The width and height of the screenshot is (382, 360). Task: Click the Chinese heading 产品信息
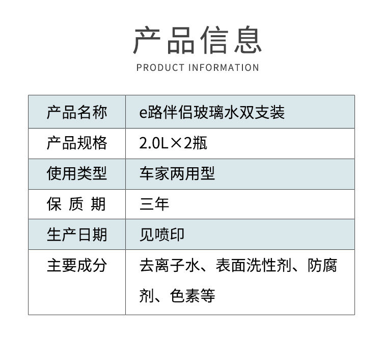pyautogui.click(x=197, y=41)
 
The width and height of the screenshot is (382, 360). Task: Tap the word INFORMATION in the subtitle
pyautogui.click(x=224, y=68)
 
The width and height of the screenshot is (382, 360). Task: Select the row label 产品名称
pyautogui.click(x=77, y=112)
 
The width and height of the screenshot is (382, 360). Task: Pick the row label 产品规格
pyautogui.click(x=77, y=143)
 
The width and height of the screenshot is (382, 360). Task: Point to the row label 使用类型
pyautogui.click(x=77, y=173)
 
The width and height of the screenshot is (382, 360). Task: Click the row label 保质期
pyautogui.click(x=77, y=204)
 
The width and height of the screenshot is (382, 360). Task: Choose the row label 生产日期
pyautogui.click(x=77, y=235)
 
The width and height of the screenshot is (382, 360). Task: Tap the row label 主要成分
pyautogui.click(x=77, y=265)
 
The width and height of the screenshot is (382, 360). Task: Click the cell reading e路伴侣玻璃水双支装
pyautogui.click(x=212, y=112)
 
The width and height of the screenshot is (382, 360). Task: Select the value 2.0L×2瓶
pyautogui.click(x=173, y=143)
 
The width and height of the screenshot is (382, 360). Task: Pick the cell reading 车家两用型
pyautogui.click(x=177, y=173)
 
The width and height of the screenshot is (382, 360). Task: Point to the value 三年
pyautogui.click(x=154, y=204)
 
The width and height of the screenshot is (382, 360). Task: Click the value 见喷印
pyautogui.click(x=162, y=235)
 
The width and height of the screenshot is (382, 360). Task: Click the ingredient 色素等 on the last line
pyautogui.click(x=193, y=296)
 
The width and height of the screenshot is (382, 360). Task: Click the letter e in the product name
pyautogui.click(x=143, y=113)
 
